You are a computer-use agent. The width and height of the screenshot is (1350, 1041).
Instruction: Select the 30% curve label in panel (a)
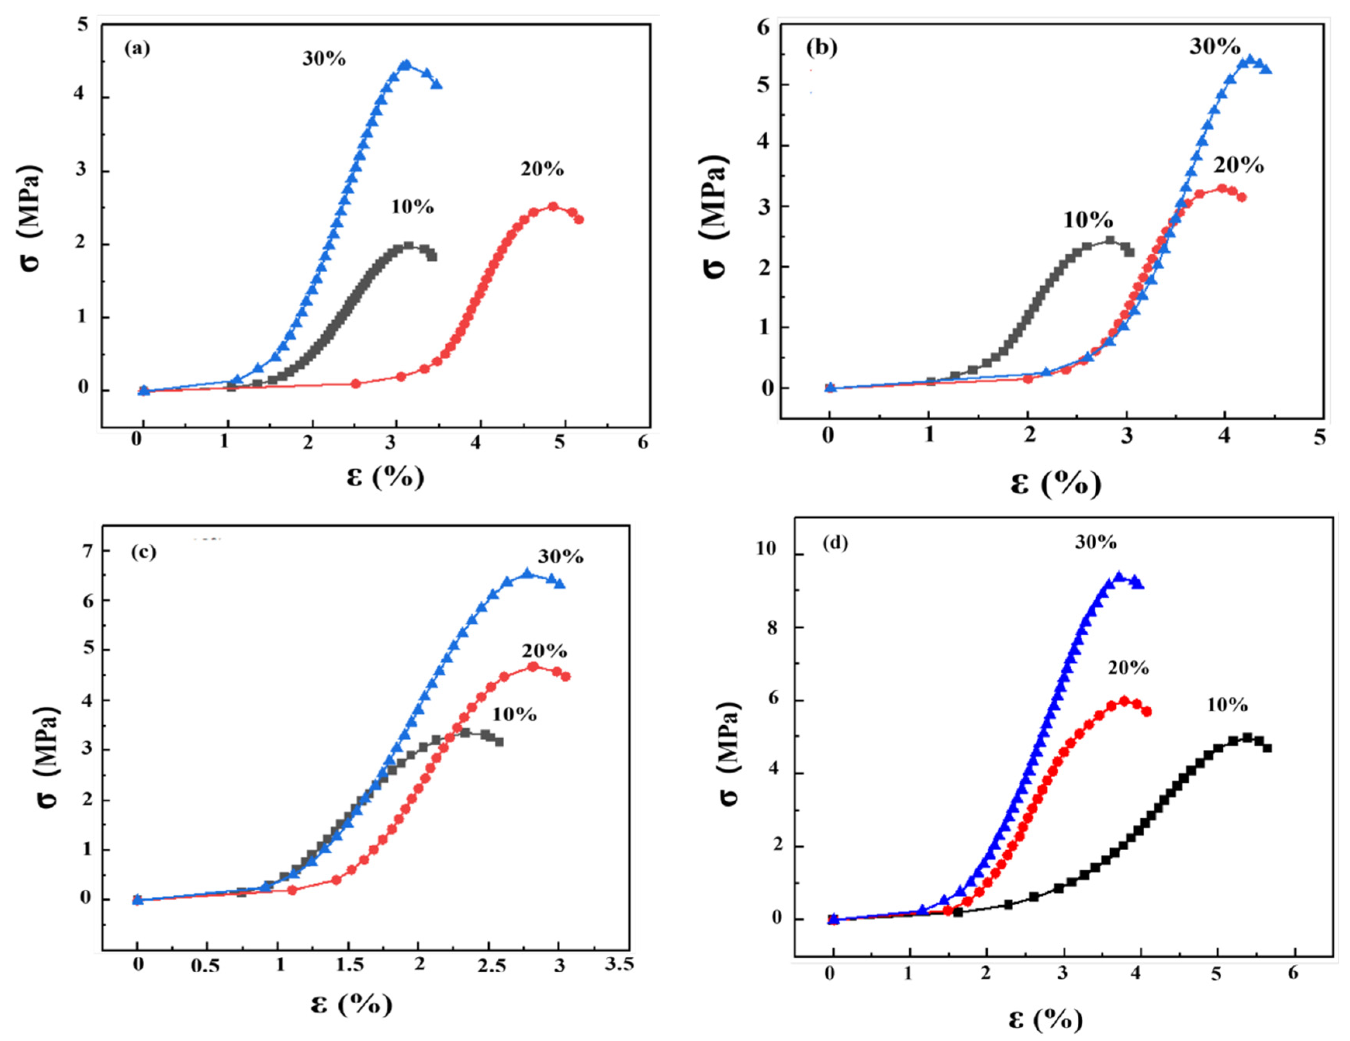click(324, 59)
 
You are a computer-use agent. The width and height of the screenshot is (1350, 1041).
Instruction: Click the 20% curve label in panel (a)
click(542, 169)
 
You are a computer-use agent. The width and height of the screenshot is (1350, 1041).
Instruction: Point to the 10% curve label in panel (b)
click(1088, 220)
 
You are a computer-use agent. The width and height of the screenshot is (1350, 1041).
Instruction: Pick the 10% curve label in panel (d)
click(1227, 705)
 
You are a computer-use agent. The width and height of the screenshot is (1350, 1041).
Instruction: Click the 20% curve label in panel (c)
click(544, 651)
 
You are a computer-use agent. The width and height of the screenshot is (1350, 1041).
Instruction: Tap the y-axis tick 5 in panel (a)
click(82, 25)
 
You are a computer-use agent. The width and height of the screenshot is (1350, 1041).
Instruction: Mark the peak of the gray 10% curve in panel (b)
click(1109, 240)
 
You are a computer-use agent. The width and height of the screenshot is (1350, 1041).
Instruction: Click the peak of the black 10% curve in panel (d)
click(1247, 737)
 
